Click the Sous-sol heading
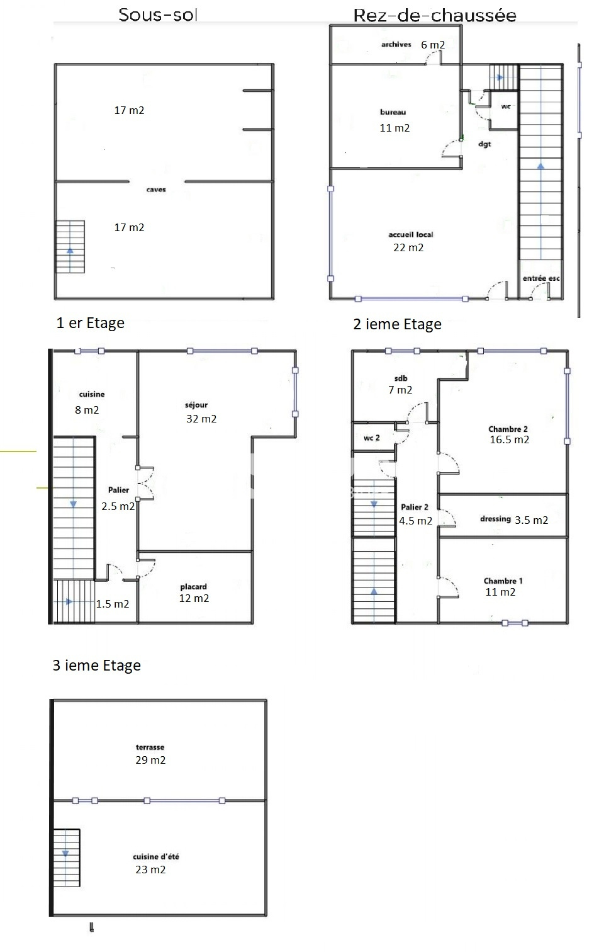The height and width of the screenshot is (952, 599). (157, 15)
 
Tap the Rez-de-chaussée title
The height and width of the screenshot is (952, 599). (435, 15)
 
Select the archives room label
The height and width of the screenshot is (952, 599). (396, 44)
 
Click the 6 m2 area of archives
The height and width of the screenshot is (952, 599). (433, 45)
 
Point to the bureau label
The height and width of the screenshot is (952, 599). (393, 112)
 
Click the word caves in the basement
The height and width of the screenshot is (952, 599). (156, 190)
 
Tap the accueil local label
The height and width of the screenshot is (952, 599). (411, 234)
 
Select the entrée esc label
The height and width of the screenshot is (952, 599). (541, 278)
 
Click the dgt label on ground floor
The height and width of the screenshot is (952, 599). (484, 144)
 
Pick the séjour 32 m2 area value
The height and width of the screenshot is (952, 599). (201, 419)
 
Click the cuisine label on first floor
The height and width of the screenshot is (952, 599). (92, 394)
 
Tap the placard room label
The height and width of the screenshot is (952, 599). (193, 587)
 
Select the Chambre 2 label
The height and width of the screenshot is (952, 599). (508, 429)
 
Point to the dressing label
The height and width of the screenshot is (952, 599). (495, 519)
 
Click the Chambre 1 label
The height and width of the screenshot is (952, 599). (503, 581)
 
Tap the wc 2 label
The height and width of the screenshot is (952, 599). (372, 438)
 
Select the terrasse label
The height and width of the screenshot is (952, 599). (150, 747)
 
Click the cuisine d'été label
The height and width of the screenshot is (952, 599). (156, 856)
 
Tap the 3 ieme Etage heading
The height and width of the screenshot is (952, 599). (97, 665)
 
